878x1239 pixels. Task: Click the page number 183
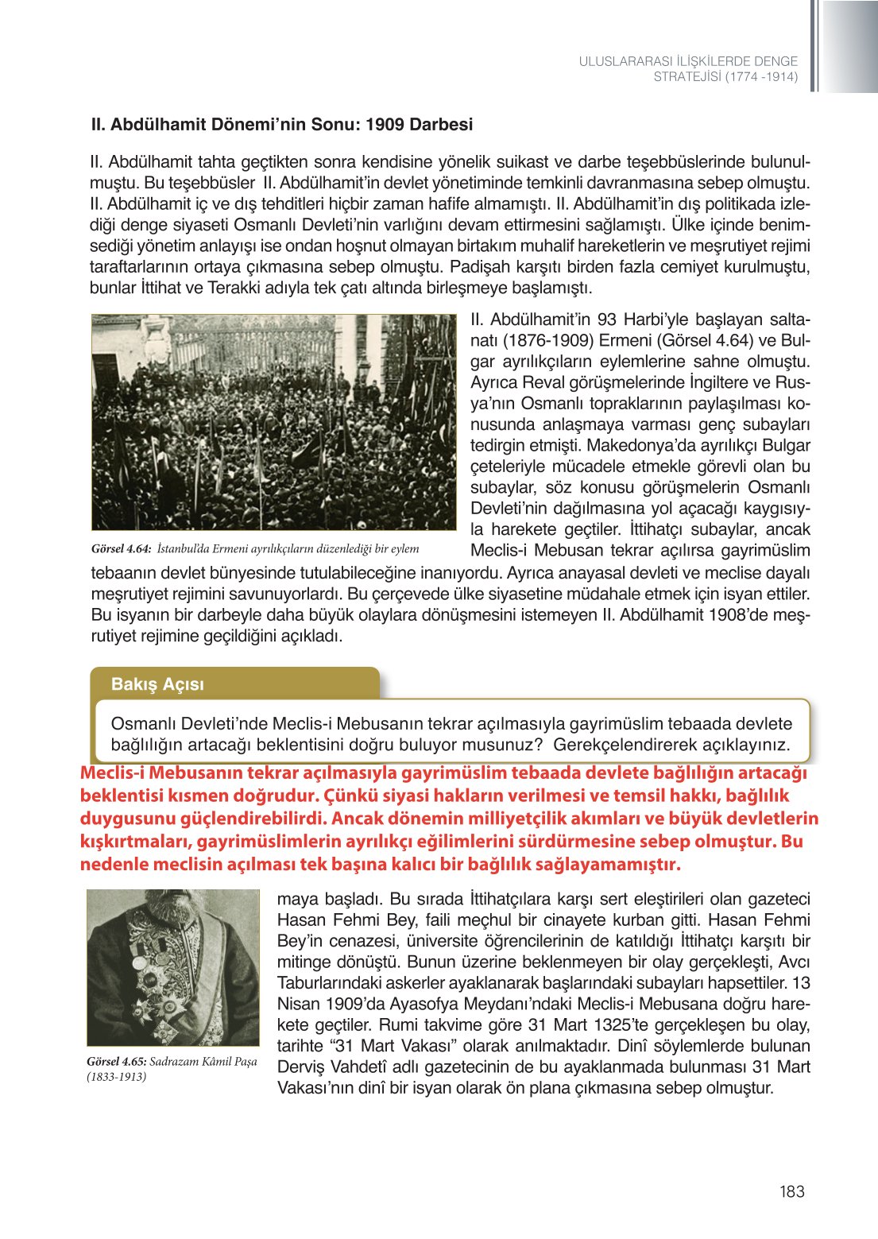[x=791, y=1191]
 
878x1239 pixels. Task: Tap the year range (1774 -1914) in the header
[x=760, y=77]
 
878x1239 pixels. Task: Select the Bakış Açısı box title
[x=157, y=684]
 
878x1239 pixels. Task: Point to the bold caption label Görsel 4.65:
[x=116, y=1062]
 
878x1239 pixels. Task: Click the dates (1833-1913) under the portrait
[x=116, y=1077]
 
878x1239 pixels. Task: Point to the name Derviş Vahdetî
[x=331, y=1067]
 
